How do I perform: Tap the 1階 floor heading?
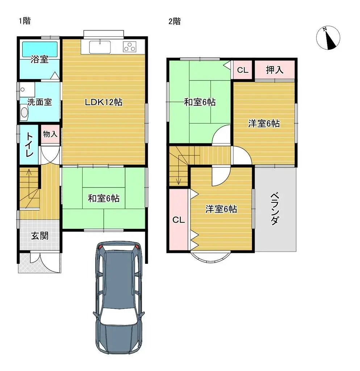24,21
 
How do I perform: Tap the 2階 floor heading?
174,21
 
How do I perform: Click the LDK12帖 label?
104,103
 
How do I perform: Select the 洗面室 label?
40,102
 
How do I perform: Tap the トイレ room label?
29,145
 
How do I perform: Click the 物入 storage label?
50,134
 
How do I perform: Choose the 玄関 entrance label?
39,236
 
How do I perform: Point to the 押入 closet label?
275,70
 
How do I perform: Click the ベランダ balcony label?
275,208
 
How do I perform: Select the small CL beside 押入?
243,70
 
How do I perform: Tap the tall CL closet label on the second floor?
179,220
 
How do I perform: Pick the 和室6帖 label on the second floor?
200,102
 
